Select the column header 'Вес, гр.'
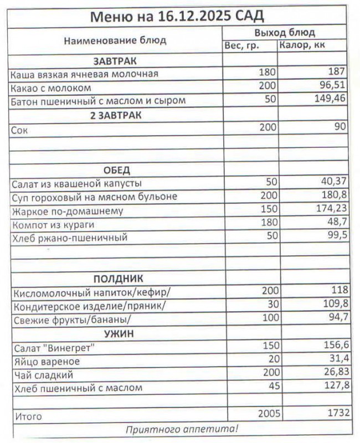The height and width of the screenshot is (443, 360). click(241, 45)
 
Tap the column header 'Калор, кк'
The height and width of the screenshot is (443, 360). click(302, 45)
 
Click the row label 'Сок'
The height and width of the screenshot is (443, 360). click(19, 130)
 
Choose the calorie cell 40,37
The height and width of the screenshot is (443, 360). click(333, 183)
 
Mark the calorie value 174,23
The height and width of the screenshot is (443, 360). click(330, 210)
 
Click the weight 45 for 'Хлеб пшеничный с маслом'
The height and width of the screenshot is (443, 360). click(273, 387)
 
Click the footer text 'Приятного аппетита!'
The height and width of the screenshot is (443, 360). click(182, 429)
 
